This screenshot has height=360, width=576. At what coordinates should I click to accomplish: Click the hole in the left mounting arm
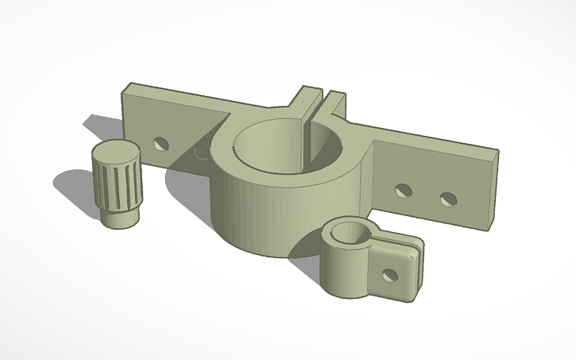tap(162, 145)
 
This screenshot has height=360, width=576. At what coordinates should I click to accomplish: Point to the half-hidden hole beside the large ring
tap(199, 150)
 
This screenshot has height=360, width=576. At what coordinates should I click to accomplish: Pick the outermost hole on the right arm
tap(450, 197)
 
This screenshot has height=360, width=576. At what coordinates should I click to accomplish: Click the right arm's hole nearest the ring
tap(404, 191)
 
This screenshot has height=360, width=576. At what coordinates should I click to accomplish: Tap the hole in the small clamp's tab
tap(389, 274)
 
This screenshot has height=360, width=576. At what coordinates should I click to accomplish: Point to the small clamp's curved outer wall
tap(342, 274)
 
